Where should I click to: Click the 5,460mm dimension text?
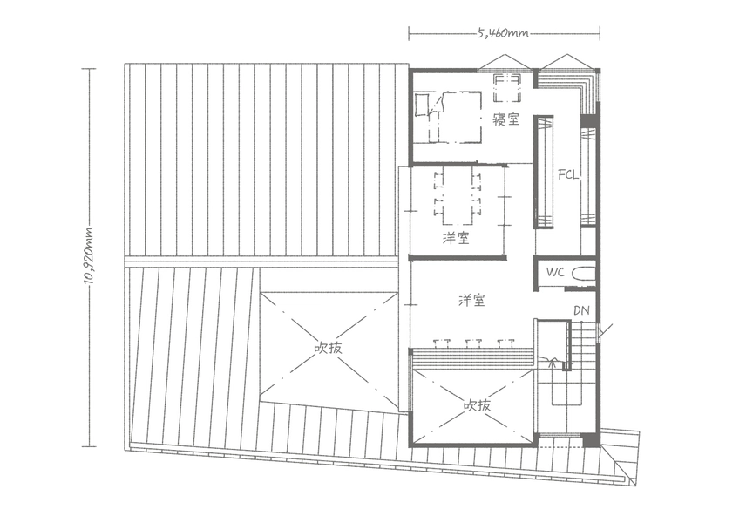(x=503, y=33)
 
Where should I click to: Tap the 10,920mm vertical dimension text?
(x=89, y=255)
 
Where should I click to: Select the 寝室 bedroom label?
(x=506, y=119)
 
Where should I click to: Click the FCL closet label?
(x=568, y=175)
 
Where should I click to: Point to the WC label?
(x=556, y=272)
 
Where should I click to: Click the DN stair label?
(x=581, y=310)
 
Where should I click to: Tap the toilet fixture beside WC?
(x=583, y=274)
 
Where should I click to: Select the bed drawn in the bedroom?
(x=448, y=117)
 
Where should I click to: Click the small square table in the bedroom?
(x=507, y=87)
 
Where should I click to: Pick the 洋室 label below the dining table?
(x=456, y=238)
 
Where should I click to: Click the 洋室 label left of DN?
(x=472, y=301)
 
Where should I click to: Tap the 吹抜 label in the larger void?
(x=329, y=347)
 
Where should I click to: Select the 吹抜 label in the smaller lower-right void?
(x=478, y=405)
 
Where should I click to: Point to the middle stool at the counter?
(x=473, y=343)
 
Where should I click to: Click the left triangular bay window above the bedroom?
(x=504, y=63)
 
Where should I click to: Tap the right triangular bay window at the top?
(x=567, y=63)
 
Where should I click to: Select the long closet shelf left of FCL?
(x=544, y=172)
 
